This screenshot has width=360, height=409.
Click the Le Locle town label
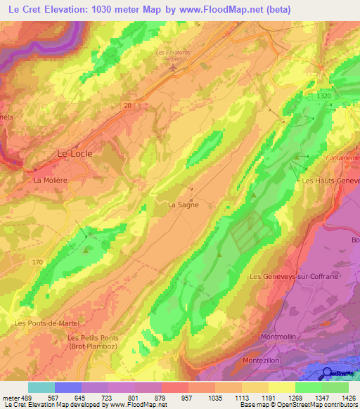[x=74, y=152]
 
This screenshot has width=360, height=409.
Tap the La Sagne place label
[x=183, y=205]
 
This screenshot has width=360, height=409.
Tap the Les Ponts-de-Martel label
[x=47, y=323]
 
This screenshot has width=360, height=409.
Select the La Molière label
[x=50, y=180]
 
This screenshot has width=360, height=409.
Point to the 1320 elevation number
[x=323, y=96]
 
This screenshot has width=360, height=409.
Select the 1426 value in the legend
[x=347, y=398]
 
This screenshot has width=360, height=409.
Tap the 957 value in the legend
[x=186, y=398]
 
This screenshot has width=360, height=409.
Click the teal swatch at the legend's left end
[x=41, y=387]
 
